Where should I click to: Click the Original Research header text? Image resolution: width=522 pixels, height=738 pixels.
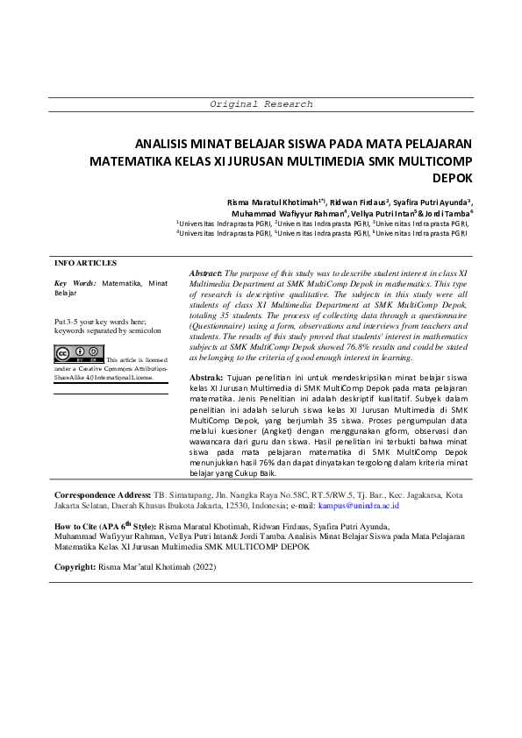[261, 104]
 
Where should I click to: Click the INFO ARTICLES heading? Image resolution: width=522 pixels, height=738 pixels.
[85, 263]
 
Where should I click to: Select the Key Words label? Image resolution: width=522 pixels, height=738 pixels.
[75, 284]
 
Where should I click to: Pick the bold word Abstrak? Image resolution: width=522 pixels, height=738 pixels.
[207, 377]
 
